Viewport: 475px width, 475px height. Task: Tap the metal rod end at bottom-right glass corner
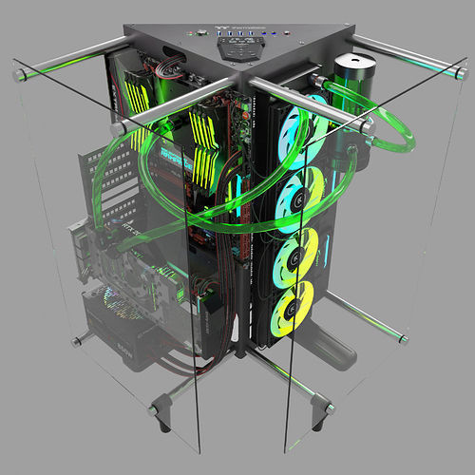coord(403,337)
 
